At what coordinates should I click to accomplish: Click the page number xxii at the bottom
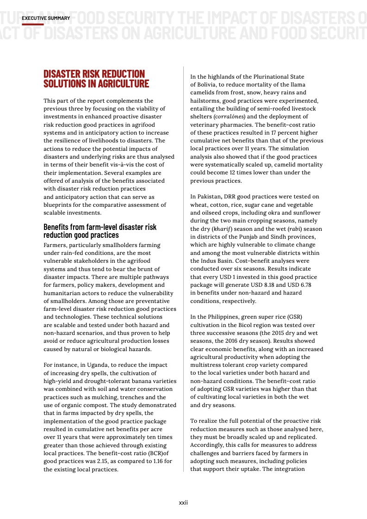183,502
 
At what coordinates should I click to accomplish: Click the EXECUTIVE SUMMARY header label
46,18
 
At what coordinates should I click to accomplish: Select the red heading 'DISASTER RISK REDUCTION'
94,74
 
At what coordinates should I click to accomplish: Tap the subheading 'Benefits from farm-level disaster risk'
100,227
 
